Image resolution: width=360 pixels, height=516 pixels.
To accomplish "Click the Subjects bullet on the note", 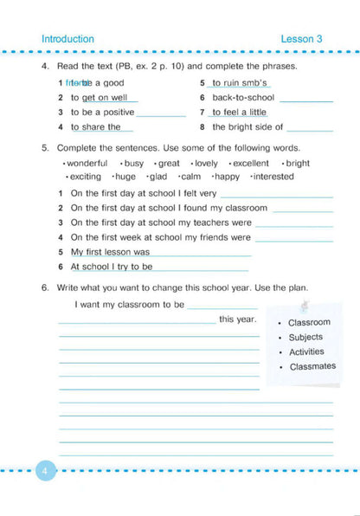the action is point(305,337).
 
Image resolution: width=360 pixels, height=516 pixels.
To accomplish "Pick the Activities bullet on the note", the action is point(306,352).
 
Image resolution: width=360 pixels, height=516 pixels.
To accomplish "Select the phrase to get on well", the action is point(99,98).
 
